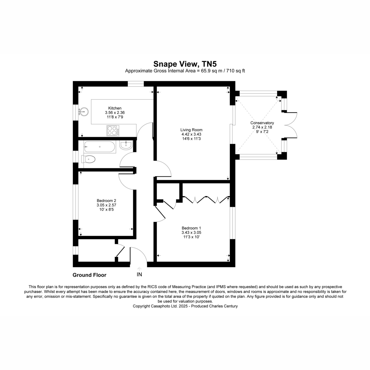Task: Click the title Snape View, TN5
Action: (x=185, y=64)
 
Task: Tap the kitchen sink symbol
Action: (x=84, y=111)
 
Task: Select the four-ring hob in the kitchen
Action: (x=113, y=130)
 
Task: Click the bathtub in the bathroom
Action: (x=100, y=147)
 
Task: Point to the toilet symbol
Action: (x=88, y=159)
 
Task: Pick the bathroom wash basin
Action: (x=126, y=145)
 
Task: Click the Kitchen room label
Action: (x=115, y=108)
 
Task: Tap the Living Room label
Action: (x=191, y=130)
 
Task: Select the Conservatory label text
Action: (x=262, y=123)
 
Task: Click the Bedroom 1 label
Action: (x=191, y=228)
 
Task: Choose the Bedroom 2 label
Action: (x=106, y=200)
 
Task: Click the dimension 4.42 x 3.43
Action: (x=191, y=134)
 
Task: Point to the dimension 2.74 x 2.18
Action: (x=262, y=127)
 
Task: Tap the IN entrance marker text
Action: (x=139, y=275)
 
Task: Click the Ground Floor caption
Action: (x=89, y=275)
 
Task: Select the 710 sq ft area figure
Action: (x=236, y=71)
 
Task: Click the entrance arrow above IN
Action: (x=139, y=269)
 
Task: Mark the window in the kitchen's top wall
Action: (x=136, y=84)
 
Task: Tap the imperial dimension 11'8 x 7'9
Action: (x=115, y=117)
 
